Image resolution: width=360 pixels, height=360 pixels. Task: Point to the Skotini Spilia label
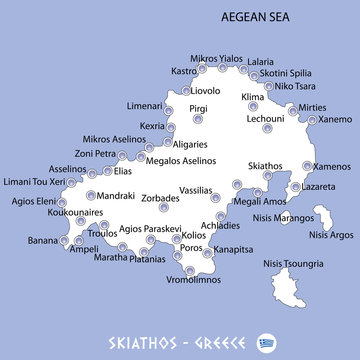[x=285, y=73]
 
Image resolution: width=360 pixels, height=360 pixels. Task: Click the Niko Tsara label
[x=296, y=85]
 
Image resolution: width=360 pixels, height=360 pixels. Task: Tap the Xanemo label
[x=335, y=119]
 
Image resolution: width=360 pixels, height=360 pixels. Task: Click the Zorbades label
[x=160, y=200]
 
